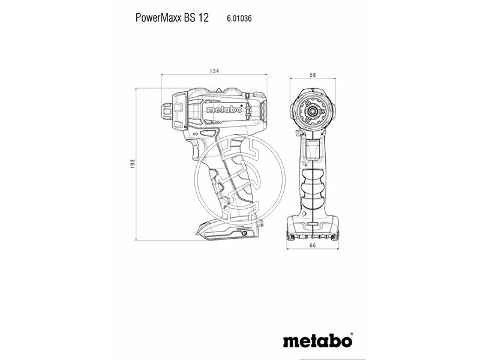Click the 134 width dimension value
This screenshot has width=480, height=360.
tap(214, 71)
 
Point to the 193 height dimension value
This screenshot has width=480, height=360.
tap(133, 164)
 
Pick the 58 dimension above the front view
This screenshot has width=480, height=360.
tap(313, 75)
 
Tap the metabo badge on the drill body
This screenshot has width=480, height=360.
tap(224, 110)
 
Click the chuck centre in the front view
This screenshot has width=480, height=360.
tap(313, 111)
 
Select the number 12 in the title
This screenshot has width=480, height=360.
tap(204, 18)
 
